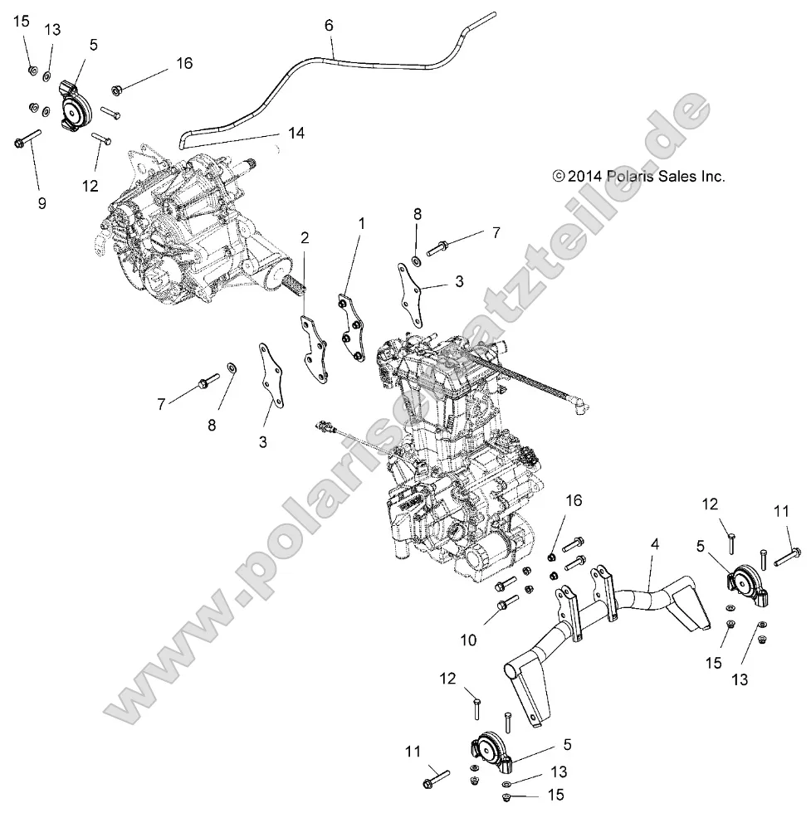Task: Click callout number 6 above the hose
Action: pyautogui.click(x=330, y=26)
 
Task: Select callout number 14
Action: pyautogui.click(x=296, y=133)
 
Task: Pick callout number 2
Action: pyautogui.click(x=305, y=238)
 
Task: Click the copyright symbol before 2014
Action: pyautogui.click(x=559, y=176)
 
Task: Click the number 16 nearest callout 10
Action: pyautogui.click(x=574, y=500)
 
